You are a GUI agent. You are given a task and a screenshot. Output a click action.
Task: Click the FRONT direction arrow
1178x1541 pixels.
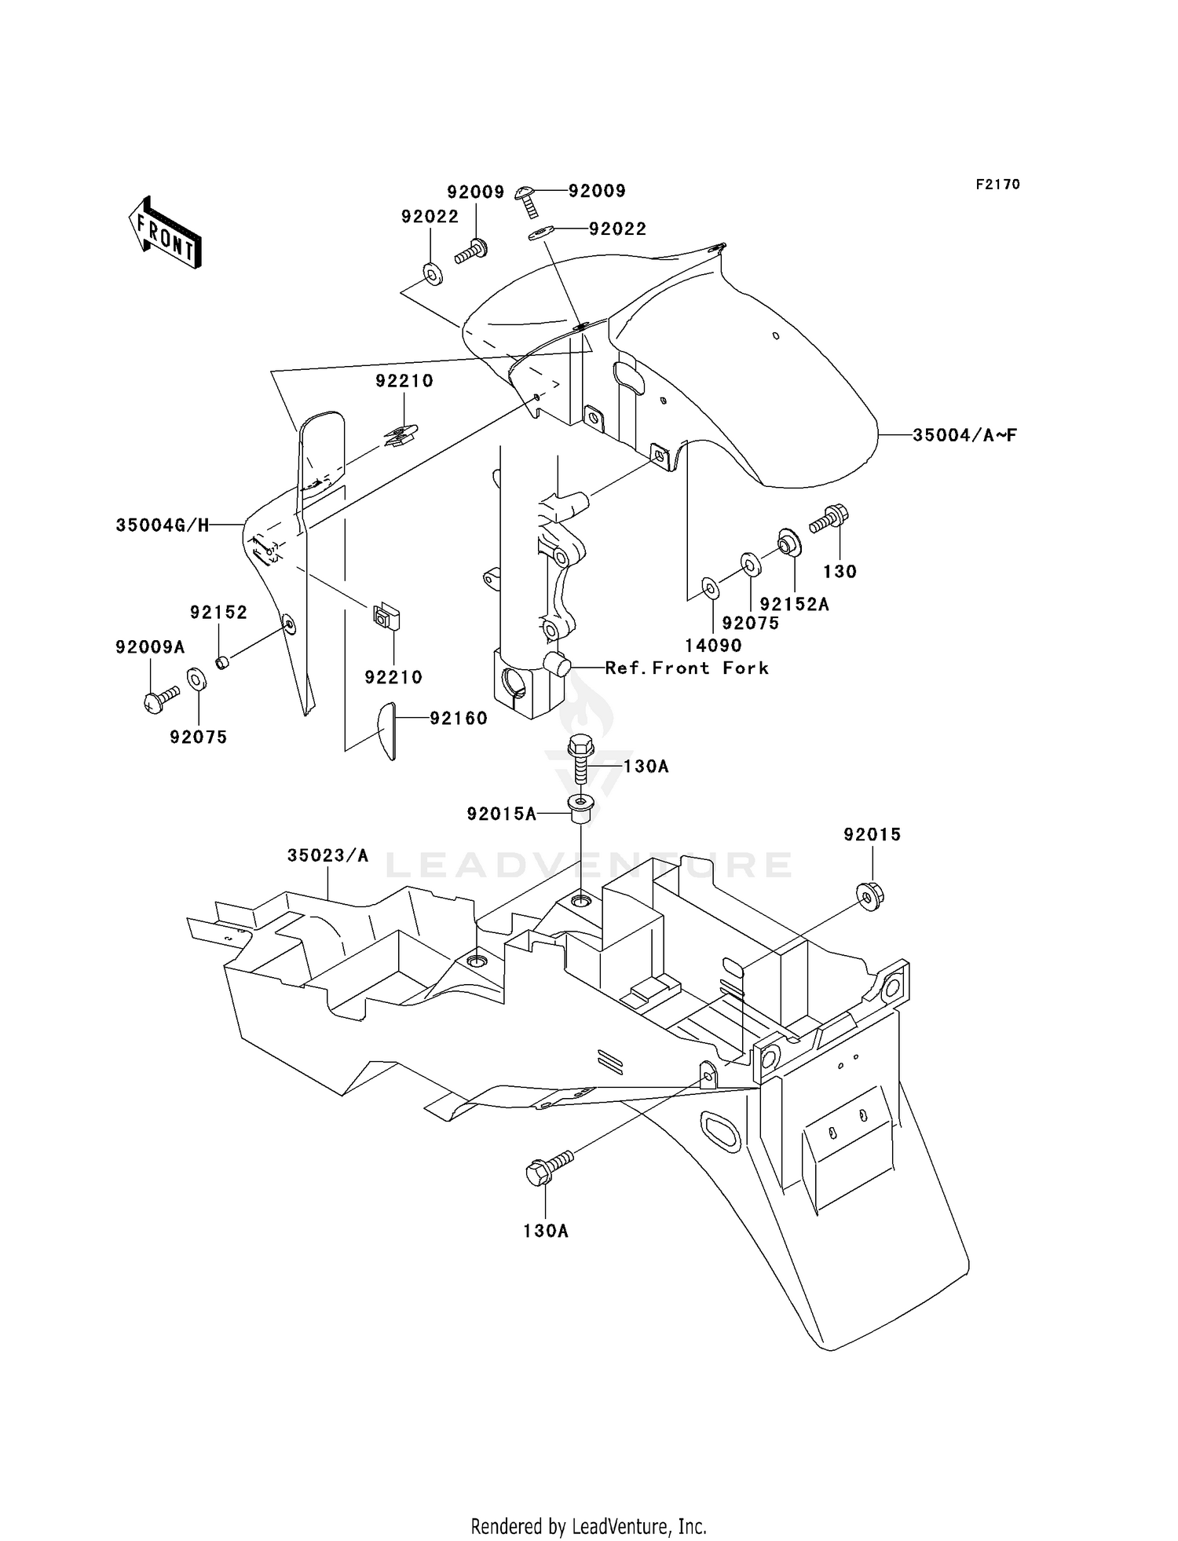[x=166, y=232]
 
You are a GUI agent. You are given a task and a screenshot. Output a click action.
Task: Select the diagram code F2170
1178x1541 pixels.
[x=997, y=185]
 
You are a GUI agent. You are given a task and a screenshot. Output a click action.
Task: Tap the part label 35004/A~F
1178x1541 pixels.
[x=964, y=434]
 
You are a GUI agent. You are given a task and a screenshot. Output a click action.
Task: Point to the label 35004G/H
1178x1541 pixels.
[x=163, y=525]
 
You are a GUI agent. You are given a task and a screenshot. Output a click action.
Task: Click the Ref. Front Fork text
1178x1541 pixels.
[x=687, y=668]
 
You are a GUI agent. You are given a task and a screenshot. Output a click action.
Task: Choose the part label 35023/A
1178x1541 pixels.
[x=327, y=855]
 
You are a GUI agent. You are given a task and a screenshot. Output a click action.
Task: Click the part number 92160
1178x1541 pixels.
[x=459, y=718]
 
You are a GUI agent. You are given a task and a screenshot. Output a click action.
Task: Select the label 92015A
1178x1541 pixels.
[x=502, y=814]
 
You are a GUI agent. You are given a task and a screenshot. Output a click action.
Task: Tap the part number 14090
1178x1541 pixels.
[x=713, y=645]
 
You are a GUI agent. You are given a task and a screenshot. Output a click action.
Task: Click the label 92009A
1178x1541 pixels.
[x=150, y=646]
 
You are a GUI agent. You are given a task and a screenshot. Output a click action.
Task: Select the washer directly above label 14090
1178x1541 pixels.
[x=709, y=587]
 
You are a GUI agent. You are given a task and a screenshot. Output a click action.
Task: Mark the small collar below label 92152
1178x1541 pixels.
[x=222, y=662]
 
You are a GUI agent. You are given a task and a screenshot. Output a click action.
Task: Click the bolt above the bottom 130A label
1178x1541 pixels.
[x=550, y=1168]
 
